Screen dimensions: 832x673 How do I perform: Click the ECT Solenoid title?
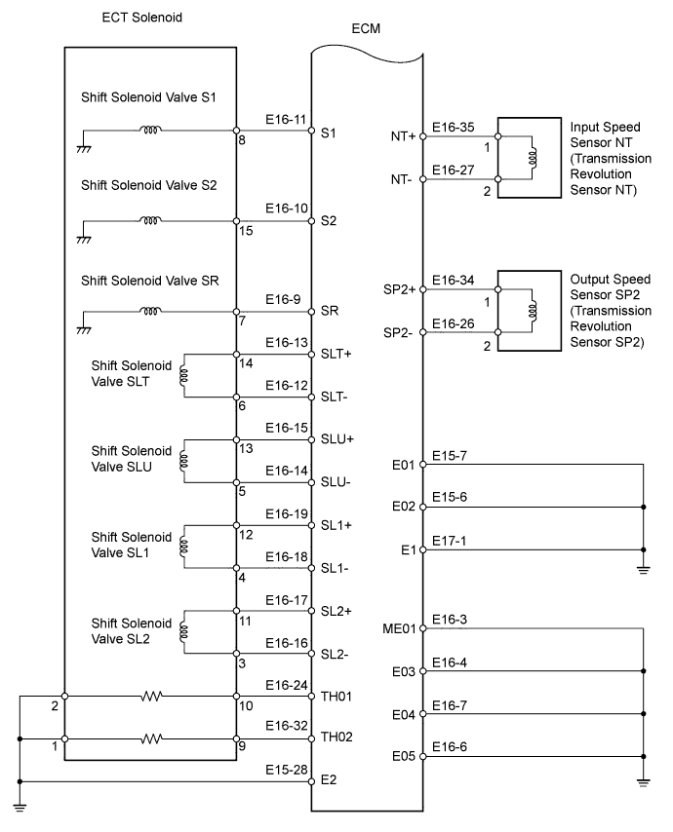[141, 18]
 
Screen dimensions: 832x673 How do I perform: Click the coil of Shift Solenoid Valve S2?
[151, 220]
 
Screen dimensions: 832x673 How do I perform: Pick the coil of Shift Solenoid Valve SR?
[151, 312]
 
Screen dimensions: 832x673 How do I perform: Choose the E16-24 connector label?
[287, 685]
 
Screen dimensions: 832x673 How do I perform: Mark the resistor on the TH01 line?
[151, 696]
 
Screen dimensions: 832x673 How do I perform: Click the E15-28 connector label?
[287, 771]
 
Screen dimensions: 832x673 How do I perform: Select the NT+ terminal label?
[403, 136]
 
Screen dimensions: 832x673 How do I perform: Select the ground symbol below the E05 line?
[643, 779]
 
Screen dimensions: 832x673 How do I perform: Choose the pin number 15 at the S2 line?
[246, 231]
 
